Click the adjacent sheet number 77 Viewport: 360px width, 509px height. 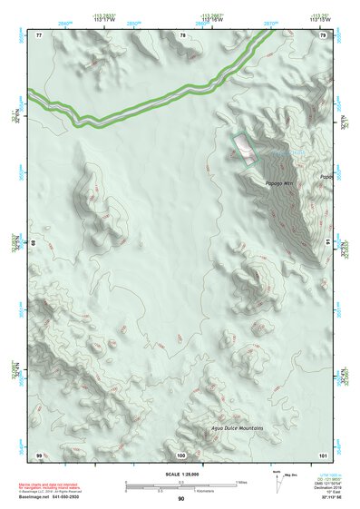pos(39,34)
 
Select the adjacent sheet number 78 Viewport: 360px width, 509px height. pos(182,34)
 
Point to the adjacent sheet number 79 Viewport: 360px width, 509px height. pos(323,34)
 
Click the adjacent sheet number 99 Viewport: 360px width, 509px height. pos(39,454)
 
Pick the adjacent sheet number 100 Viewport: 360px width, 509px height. pos(181,454)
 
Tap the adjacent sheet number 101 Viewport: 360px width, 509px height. pos(323,454)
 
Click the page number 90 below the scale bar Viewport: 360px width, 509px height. pos(181,498)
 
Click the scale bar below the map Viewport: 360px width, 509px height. pos(180,485)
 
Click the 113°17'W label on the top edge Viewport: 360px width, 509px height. pos(105,19)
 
